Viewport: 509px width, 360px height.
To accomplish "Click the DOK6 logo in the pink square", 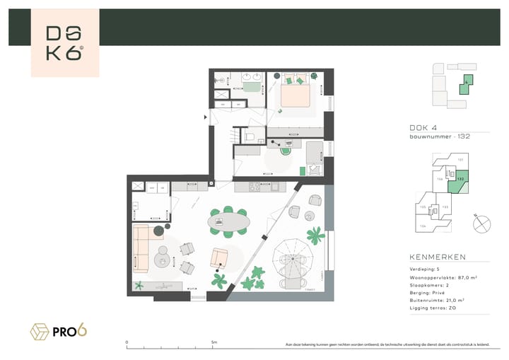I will tap(64, 42).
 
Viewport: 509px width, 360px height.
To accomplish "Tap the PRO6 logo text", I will tap(69, 330).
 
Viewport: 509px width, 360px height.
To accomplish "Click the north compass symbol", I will tap(481, 223).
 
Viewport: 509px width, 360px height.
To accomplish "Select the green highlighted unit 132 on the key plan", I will tap(460, 180).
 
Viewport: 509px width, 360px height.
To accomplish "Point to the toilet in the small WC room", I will tap(250, 137).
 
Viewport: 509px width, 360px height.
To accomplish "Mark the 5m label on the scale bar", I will tap(213, 342).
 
